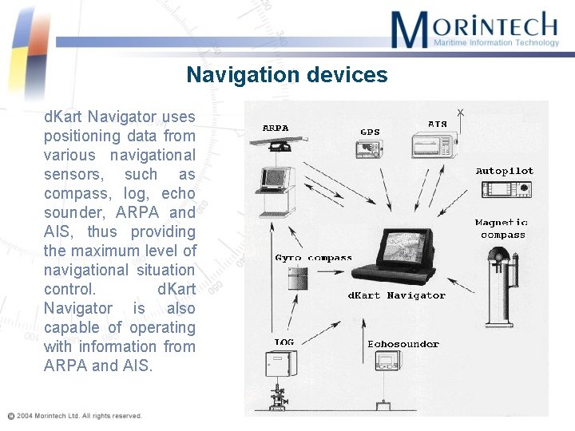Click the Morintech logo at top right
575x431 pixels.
[x=474, y=30]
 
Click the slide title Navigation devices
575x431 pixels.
[x=287, y=75]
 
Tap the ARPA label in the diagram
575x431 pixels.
[x=276, y=128]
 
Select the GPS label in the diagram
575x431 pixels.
[x=370, y=132]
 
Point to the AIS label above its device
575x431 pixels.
[x=438, y=124]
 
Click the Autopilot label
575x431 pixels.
[x=504, y=171]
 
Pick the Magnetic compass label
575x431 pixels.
[x=502, y=229]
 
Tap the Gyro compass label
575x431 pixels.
[x=313, y=258]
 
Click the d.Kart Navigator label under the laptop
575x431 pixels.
[x=396, y=295]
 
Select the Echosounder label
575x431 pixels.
[x=403, y=344]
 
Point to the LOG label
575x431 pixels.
[x=284, y=342]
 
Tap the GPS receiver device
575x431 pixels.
[x=369, y=148]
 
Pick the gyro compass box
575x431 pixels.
[x=296, y=277]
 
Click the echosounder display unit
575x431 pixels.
[x=388, y=361]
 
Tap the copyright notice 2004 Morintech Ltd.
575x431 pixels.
[x=76, y=416]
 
